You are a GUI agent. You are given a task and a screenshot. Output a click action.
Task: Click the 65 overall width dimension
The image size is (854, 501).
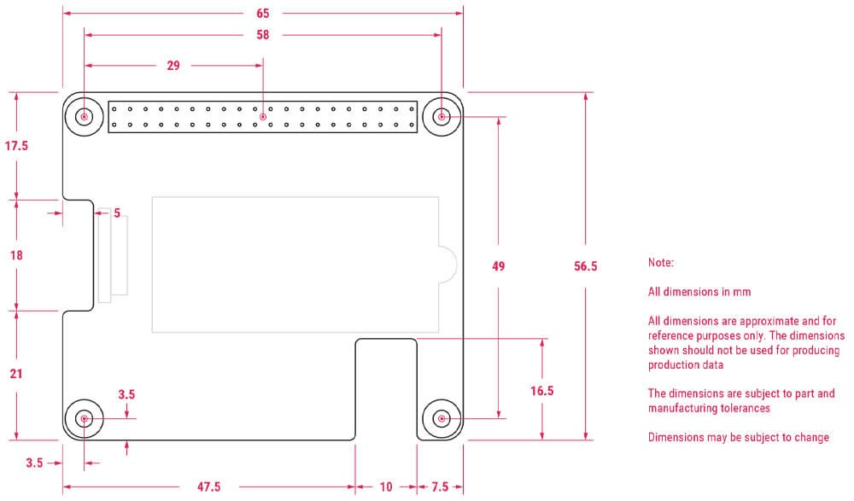[262, 14]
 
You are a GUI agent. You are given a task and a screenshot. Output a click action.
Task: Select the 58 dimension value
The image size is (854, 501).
[262, 35]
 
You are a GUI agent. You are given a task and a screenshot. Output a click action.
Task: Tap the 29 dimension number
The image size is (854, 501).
[173, 66]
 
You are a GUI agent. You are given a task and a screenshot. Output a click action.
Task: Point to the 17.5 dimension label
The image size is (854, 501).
[16, 146]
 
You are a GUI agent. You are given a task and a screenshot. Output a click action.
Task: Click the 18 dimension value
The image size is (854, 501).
[16, 255]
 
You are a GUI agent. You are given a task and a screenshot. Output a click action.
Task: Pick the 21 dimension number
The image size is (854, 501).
[16, 373]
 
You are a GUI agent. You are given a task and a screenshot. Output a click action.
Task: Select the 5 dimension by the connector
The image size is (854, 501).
[117, 213]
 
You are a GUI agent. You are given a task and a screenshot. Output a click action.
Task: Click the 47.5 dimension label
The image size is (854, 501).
[208, 486]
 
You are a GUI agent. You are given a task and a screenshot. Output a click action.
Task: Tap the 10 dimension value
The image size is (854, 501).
[386, 486]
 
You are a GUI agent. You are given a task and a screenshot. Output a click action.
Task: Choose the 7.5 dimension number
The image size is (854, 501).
[440, 486]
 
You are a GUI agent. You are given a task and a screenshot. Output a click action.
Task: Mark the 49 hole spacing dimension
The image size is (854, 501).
[499, 266]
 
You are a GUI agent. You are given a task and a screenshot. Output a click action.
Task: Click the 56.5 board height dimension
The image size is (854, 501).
[586, 266]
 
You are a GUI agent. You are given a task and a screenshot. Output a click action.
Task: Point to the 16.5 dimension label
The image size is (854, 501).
[542, 391]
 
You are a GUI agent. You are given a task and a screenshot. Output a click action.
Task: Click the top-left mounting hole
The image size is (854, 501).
[85, 116]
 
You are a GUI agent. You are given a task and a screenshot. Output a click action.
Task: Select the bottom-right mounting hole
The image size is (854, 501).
[442, 418]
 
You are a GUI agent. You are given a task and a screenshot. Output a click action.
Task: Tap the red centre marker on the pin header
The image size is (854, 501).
[263, 117]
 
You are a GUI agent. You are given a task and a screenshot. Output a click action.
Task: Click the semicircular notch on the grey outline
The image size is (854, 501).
[447, 264]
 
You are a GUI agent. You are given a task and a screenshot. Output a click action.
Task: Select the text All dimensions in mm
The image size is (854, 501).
[699, 292]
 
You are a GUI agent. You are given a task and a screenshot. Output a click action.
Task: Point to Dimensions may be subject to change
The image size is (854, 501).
[738, 438]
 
